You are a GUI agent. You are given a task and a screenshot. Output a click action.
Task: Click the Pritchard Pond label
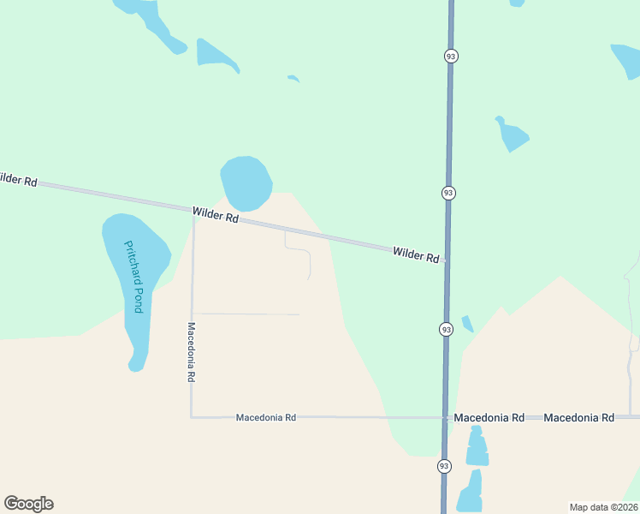pos(134,276)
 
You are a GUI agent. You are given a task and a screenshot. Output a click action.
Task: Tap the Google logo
pos(28,504)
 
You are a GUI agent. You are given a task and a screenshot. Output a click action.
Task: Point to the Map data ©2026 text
pos(603,507)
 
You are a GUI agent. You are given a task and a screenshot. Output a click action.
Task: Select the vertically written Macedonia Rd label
pos(193,352)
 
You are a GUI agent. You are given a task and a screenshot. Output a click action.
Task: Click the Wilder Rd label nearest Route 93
pos(416,254)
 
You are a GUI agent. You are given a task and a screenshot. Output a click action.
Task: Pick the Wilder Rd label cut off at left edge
pos(18,180)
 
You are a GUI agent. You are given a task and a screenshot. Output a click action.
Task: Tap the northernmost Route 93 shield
pos(451,56)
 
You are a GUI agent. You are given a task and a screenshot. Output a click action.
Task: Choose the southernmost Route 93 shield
pos(443,466)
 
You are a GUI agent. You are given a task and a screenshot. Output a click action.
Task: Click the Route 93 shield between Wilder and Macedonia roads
pos(446,329)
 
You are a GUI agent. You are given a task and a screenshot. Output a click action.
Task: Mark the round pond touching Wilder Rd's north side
pos(246,182)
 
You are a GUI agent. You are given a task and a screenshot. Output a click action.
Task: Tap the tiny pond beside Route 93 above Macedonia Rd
pos(467,324)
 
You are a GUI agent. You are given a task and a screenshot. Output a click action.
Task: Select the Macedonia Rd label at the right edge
pos(578,418)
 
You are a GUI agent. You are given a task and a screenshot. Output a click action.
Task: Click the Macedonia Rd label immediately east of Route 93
pos(489,418)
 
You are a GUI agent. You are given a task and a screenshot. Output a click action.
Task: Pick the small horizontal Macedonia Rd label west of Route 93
pos(265,417)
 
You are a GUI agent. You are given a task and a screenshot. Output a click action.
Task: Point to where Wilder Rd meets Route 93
pos(447,260)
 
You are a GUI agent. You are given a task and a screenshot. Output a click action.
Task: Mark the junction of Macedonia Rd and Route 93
pos(445,418)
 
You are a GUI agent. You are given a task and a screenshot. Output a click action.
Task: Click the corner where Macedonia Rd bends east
pos(191,416)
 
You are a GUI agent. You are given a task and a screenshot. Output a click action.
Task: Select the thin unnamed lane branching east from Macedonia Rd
pos(248,314)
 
